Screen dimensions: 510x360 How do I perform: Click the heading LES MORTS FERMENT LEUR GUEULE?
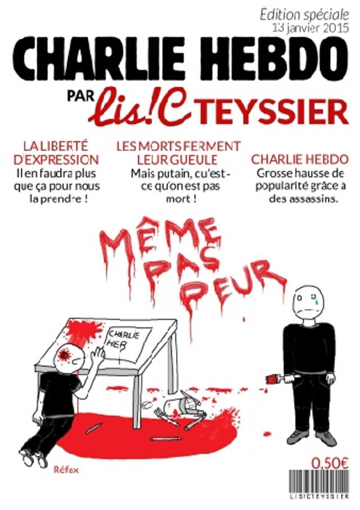178,152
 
